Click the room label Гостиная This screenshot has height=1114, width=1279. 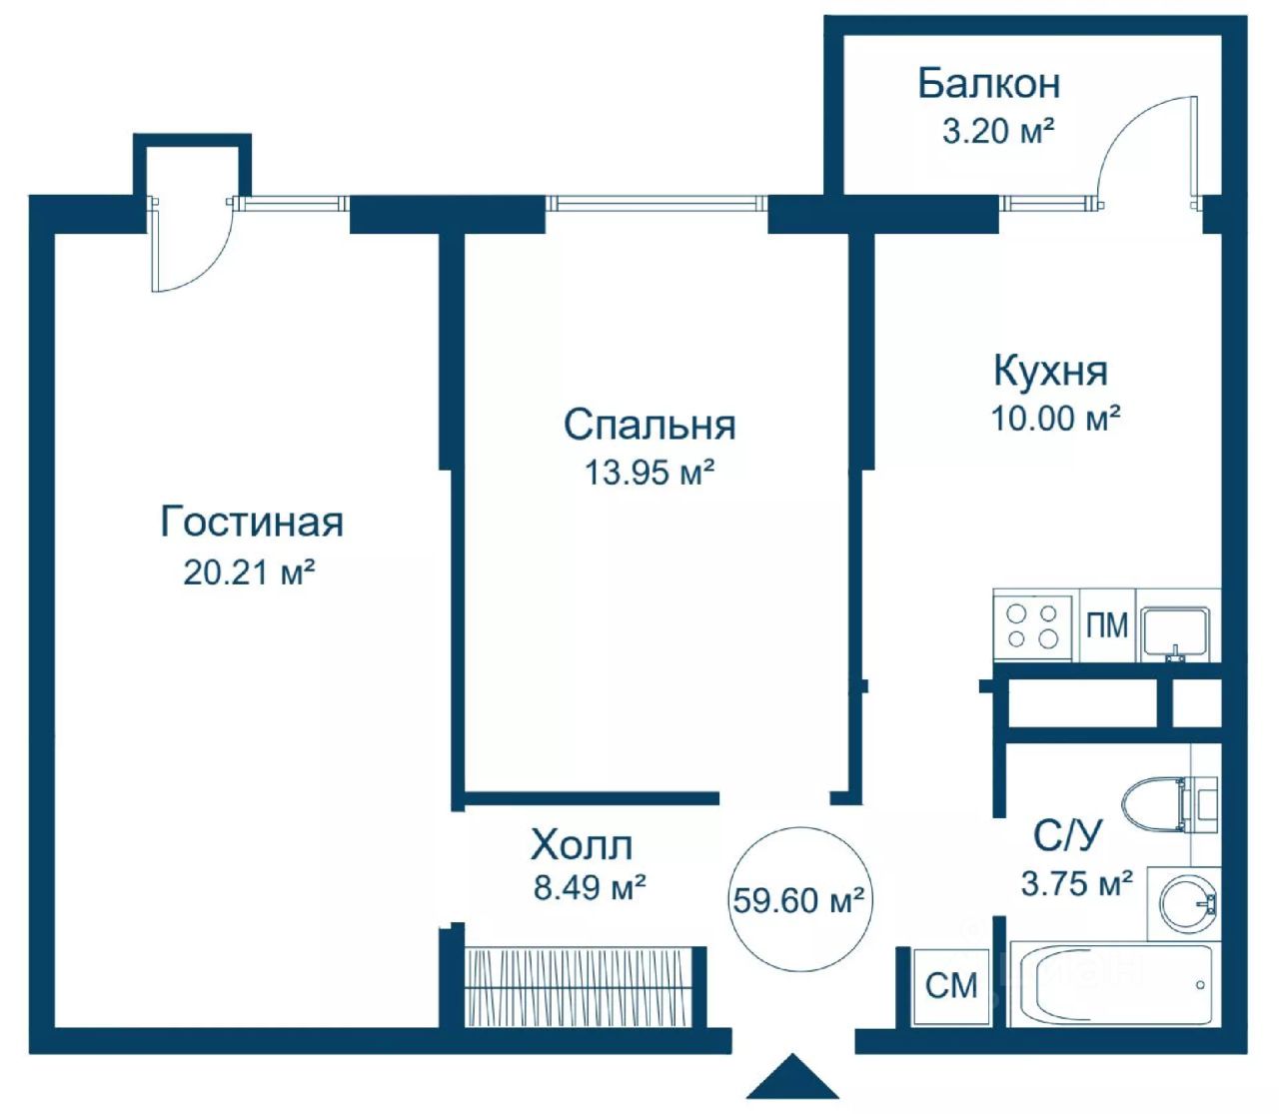coord(252,522)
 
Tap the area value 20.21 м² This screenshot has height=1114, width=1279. coord(248,571)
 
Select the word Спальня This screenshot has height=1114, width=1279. coord(649,426)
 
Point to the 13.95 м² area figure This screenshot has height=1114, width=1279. coord(648,473)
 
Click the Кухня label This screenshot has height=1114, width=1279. coord(1050,371)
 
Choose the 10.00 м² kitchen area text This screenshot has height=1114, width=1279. coord(1055,418)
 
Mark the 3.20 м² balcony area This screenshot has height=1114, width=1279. coord(998,131)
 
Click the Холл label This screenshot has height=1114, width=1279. coord(582,845)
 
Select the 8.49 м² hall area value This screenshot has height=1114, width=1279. coord(590,887)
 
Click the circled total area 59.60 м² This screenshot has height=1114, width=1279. coord(799,900)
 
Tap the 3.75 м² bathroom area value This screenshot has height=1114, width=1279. coord(1076,883)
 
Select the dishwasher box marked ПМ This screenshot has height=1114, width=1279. coord(1106,625)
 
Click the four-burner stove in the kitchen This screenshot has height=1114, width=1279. coord(1035,625)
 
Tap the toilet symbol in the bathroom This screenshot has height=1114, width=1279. coord(1168,804)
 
